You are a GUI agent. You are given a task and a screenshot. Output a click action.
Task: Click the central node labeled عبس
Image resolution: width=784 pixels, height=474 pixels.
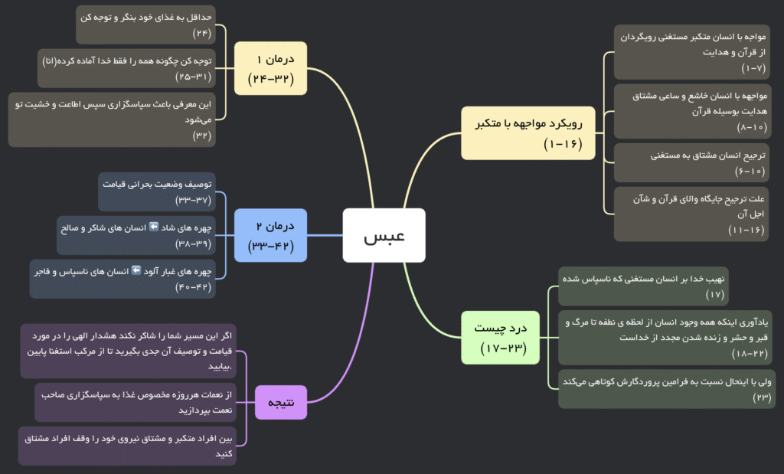tap(384, 235)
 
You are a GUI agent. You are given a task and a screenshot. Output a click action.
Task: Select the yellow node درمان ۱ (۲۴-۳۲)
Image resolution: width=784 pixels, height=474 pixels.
tap(270, 68)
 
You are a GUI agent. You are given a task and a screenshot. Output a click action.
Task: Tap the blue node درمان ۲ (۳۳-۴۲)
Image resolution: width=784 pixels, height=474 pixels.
tap(270, 235)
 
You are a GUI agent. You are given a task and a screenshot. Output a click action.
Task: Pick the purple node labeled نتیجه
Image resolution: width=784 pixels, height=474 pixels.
tap(280, 402)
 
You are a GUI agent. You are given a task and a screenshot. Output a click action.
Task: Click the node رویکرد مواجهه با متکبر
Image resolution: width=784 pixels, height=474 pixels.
tap(528, 132)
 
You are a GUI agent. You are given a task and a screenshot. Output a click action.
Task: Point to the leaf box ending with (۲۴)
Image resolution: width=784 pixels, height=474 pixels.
tap(145, 25)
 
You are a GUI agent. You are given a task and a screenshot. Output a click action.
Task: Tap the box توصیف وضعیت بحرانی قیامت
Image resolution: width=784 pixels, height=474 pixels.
tap(157, 192)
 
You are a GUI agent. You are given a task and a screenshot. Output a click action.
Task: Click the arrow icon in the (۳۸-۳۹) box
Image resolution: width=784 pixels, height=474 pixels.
tap(153, 227)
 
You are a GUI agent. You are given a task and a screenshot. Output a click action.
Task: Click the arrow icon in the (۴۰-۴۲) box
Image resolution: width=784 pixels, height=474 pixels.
tap(137, 270)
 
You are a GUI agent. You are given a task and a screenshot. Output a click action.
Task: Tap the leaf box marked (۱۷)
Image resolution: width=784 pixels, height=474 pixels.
tap(643, 286)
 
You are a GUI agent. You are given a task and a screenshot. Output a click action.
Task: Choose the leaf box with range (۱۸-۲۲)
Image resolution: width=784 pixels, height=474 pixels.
tap(666, 337)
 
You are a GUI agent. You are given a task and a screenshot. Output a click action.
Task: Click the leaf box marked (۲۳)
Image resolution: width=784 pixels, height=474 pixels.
tap(666, 388)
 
